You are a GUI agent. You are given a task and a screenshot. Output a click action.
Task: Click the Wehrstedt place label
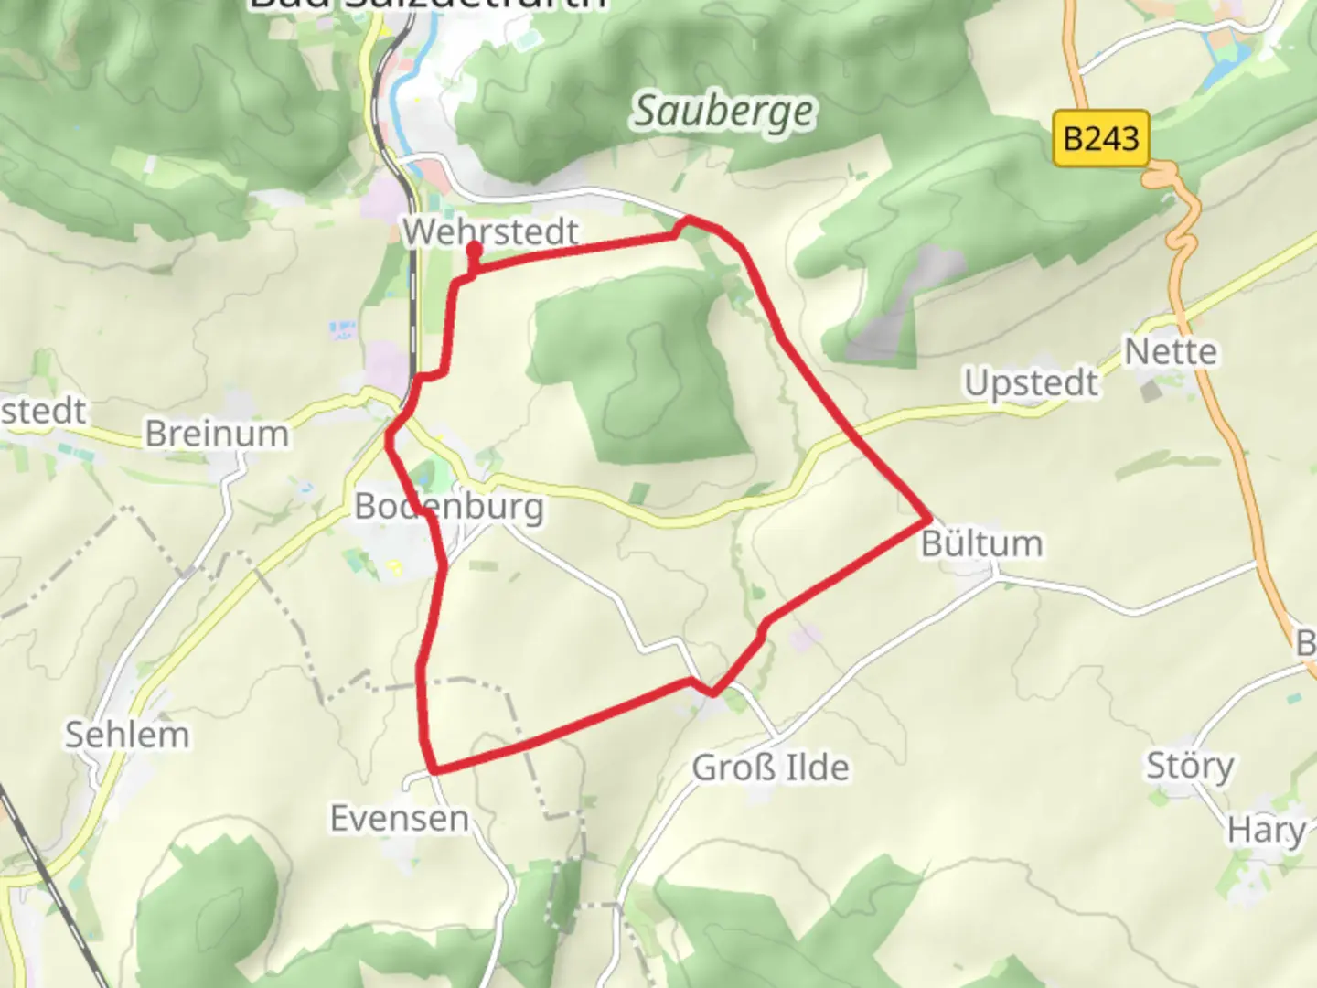coord(491,231)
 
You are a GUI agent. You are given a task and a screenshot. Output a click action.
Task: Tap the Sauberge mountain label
coord(723,113)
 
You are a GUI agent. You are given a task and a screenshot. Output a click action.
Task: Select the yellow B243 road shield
coord(1101,139)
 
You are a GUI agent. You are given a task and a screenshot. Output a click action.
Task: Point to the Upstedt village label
coord(1031,382)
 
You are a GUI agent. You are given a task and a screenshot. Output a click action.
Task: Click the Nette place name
coord(1170,351)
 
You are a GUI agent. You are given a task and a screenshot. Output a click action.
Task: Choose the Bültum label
coord(981,543)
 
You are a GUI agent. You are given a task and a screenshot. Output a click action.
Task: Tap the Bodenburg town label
coord(448,506)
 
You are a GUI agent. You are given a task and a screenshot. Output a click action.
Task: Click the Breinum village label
coord(217,434)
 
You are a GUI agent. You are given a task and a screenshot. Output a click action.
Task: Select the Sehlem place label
coord(127,735)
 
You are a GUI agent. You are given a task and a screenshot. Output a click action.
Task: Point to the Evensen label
coord(399,819)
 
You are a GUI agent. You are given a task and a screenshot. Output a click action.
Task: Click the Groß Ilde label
coord(770,768)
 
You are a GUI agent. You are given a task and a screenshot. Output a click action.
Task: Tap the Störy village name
coord(1190,765)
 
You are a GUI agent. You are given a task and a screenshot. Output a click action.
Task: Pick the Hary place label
coord(1266,831)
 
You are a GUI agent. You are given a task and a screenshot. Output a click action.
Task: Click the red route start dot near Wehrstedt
coord(474,249)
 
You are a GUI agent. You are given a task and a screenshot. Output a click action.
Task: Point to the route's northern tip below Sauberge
coord(688,220)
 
